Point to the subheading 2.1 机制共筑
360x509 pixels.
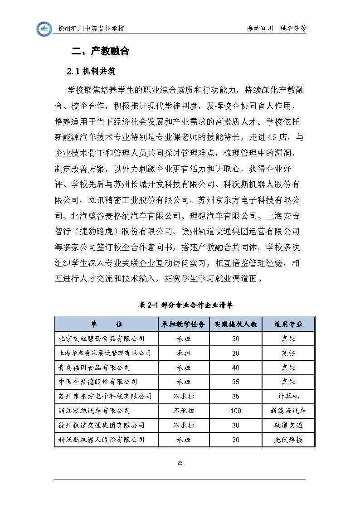click(x=91, y=71)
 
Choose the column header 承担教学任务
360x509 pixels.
click(x=184, y=325)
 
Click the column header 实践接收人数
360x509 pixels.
click(x=235, y=325)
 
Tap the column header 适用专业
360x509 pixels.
click(x=288, y=325)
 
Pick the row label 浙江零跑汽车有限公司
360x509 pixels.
click(x=94, y=411)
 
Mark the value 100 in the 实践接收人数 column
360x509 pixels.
click(x=235, y=411)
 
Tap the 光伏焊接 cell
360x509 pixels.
click(x=288, y=440)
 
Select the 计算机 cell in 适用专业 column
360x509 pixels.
click(x=288, y=397)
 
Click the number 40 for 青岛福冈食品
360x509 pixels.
click(x=235, y=368)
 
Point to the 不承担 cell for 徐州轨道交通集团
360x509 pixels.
click(x=184, y=426)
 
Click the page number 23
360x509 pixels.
click(x=180, y=463)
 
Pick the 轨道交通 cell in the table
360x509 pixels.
click(x=288, y=426)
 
